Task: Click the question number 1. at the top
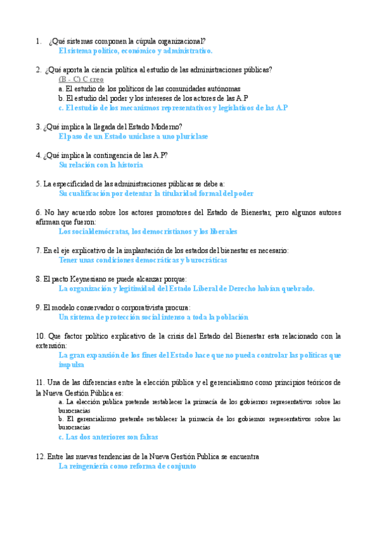[x=38, y=42]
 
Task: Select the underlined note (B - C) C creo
[x=81, y=79]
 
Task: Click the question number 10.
[x=40, y=336]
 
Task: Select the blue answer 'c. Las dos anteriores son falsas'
[x=108, y=436]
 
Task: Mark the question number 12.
[x=40, y=456]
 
